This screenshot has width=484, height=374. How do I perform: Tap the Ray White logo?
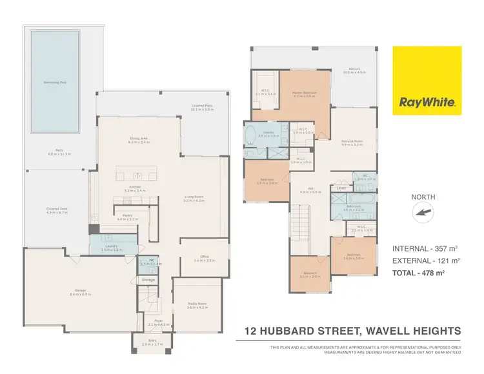[427, 102]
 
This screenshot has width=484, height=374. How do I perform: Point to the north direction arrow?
[424, 212]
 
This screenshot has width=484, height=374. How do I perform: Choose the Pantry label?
[127, 216]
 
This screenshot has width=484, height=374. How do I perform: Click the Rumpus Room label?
[352, 141]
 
